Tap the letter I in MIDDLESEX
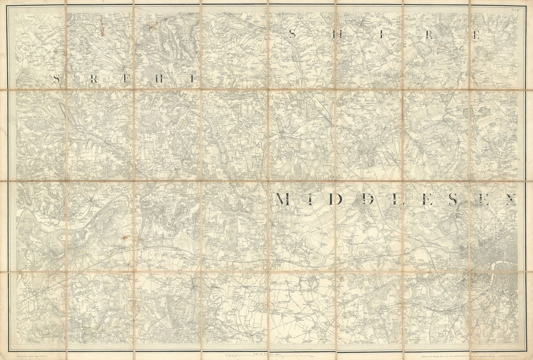(x=309, y=199)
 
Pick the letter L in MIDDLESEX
(x=396, y=199)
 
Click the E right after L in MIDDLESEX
(x=426, y=199)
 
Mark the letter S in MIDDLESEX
(x=454, y=199)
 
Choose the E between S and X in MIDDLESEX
(x=483, y=199)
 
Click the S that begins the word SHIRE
(x=292, y=34)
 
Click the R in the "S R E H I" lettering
(x=93, y=79)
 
